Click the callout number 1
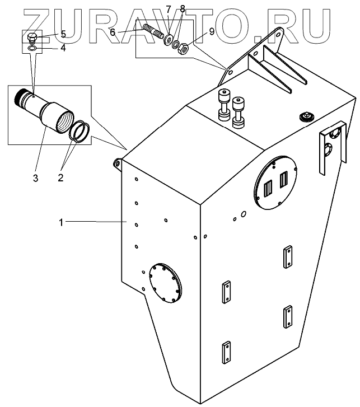[63, 222]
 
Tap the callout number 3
[35, 179]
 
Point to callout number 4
[63, 48]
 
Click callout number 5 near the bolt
[63, 35]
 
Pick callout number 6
[113, 32]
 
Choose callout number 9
[212, 32]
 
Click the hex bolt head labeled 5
[32, 39]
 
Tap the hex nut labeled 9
[183, 50]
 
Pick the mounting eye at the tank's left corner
[118, 163]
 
